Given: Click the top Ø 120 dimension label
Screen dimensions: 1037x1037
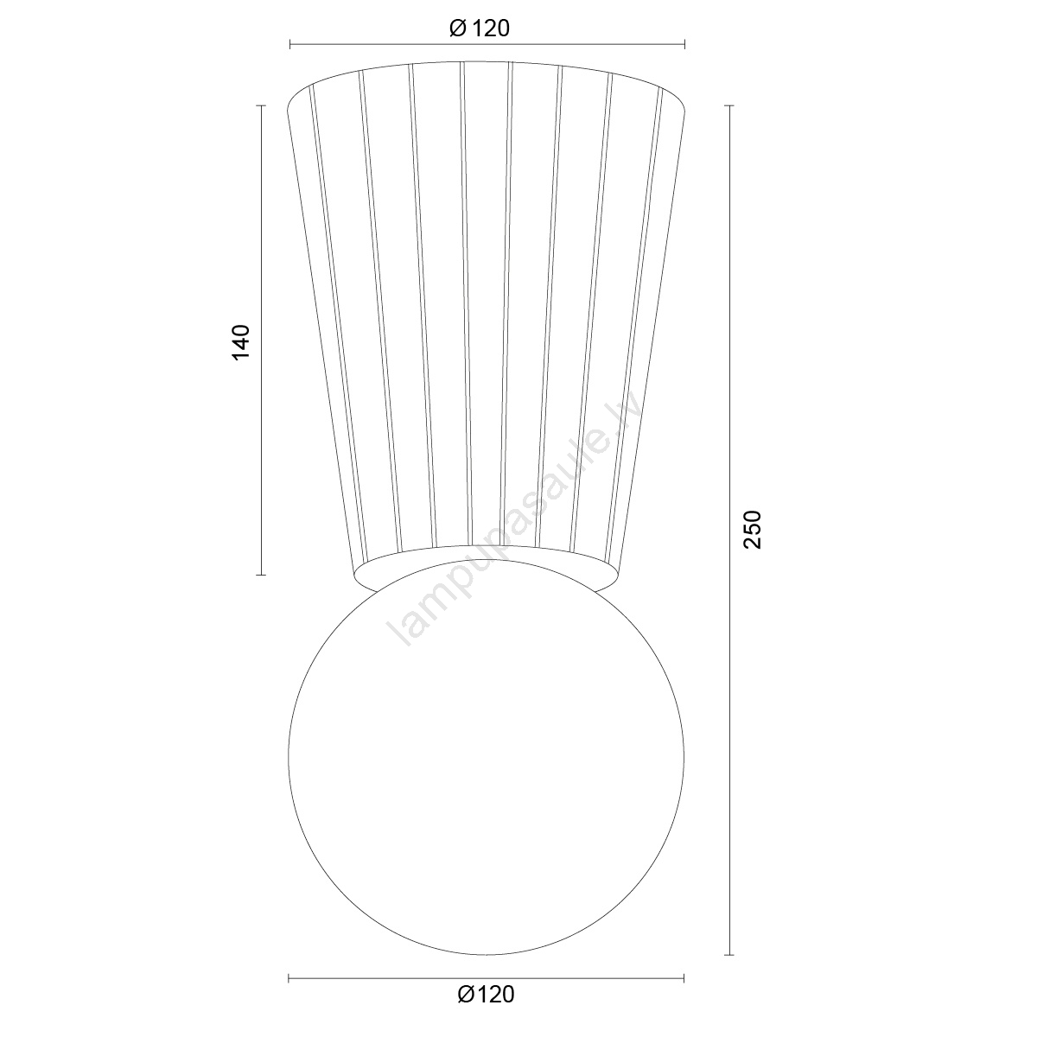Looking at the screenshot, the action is point(480,29).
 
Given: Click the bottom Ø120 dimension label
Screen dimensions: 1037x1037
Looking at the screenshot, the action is point(486,995).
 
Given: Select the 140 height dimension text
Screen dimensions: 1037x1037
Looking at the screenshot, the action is point(241,342).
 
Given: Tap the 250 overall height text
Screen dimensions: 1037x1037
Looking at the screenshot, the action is point(753,530).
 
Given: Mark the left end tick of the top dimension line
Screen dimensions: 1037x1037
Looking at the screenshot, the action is point(290,45).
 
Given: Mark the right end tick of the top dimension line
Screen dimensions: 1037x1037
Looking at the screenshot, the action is point(684,45).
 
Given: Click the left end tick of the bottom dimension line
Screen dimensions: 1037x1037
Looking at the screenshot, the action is point(289,978).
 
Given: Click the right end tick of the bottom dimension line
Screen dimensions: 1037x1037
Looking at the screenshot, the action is point(684,978).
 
